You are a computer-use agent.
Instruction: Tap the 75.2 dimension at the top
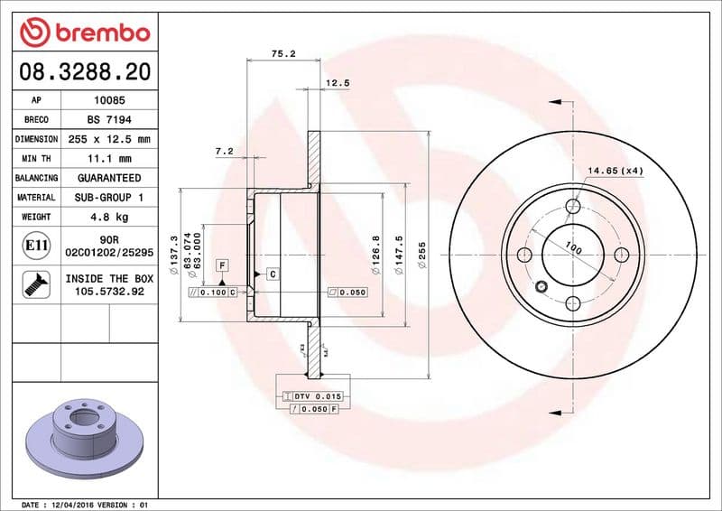point(283,54)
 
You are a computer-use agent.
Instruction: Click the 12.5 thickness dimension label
point(337,83)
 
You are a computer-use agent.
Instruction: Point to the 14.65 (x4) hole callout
point(616,171)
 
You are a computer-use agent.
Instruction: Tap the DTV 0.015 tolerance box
point(312,396)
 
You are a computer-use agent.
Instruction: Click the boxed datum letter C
point(271,273)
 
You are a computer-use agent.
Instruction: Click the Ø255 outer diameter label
point(421,255)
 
